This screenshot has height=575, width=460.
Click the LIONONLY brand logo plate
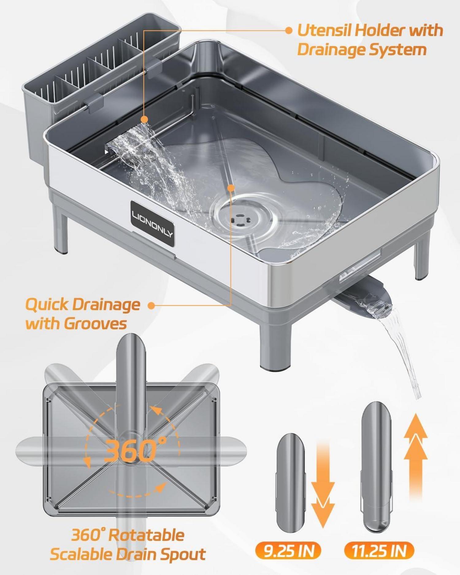point(153,224)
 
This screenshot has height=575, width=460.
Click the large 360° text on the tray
point(135,450)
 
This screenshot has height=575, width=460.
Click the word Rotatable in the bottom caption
point(147,535)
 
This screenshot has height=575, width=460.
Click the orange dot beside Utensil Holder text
point(289,30)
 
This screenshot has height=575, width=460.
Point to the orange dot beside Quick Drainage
point(151,305)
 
